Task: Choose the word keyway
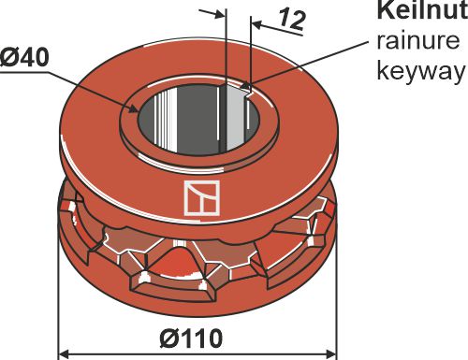tap(419, 71)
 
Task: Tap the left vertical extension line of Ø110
tap(59, 299)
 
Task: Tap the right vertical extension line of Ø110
tap(336, 299)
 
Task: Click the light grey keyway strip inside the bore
tap(234, 126)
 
